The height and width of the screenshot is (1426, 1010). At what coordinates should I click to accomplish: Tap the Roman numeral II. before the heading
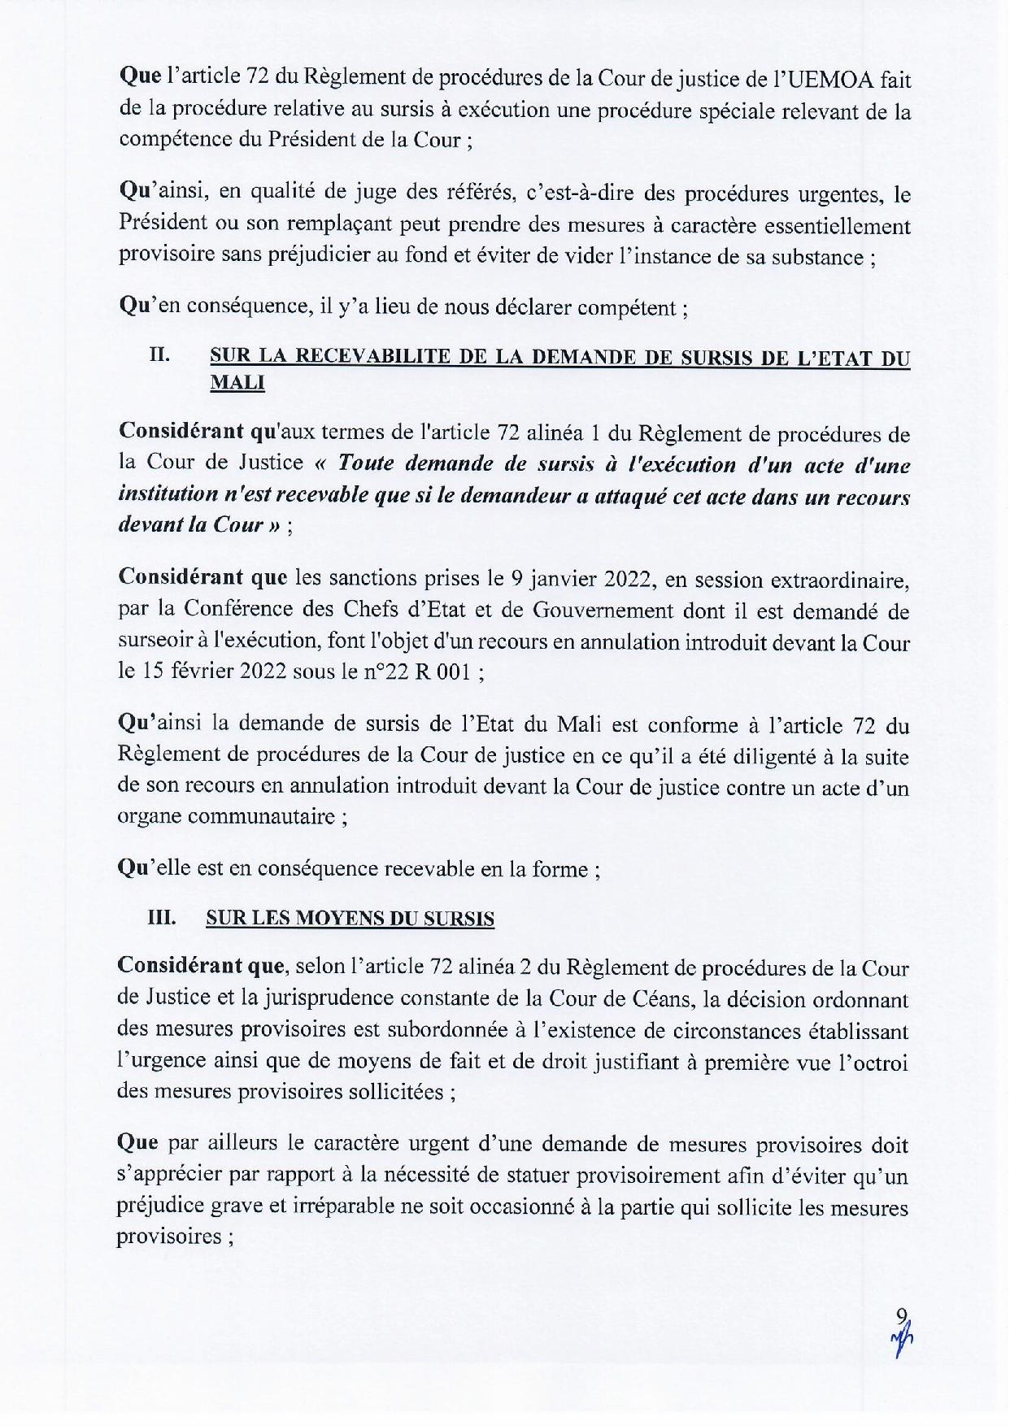pos(159,355)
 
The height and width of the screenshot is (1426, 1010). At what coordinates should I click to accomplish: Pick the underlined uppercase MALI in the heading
pos(237,383)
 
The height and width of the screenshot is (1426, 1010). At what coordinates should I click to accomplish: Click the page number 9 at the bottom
pos(899,1315)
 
